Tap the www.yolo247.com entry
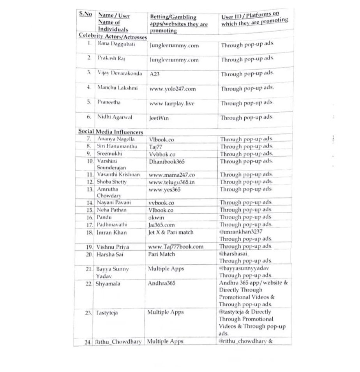(172, 89)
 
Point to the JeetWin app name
(159, 118)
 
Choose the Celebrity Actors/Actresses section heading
(113, 36)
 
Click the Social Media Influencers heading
(111, 132)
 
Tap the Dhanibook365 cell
(168, 160)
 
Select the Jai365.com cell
(161, 225)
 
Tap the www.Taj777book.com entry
(176, 247)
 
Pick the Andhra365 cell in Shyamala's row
(162, 283)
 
